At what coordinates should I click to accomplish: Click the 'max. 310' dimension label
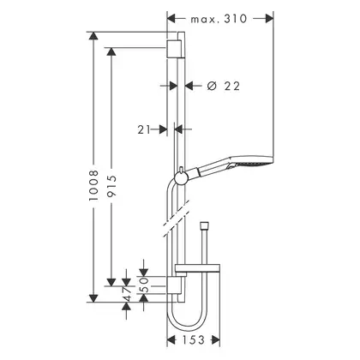point(219,19)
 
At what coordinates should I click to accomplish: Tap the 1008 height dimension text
point(93,185)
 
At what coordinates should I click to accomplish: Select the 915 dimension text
point(111,186)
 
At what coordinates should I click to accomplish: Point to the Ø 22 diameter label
point(224,86)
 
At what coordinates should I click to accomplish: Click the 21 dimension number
point(144,129)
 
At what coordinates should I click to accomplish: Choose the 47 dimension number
point(128,293)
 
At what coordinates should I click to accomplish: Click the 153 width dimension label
point(194,340)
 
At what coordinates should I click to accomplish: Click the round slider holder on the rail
point(181,179)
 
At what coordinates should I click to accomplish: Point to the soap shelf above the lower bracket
point(197,268)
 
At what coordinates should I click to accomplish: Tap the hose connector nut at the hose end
point(204,225)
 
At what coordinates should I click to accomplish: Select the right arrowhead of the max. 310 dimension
point(269,19)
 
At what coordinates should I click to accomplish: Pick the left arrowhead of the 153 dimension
point(171,340)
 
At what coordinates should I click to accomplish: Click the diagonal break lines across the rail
point(176,218)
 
